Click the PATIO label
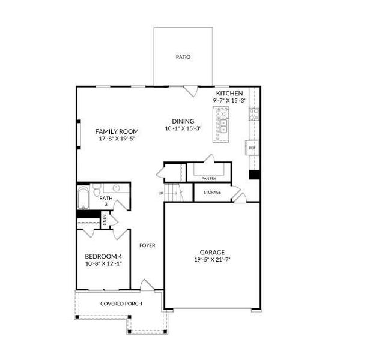coord(183,57)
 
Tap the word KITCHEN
coord(229,94)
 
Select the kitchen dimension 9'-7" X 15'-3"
coord(229,101)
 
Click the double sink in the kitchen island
coord(223,126)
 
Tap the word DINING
coord(183,121)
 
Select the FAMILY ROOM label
coord(117,131)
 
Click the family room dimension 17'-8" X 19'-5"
coord(117,139)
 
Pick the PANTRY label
coord(209,178)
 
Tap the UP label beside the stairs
coord(160,193)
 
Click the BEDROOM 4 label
coord(103,257)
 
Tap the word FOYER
coord(148,245)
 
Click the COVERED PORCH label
coord(121,304)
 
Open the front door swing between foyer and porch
coord(146,285)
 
